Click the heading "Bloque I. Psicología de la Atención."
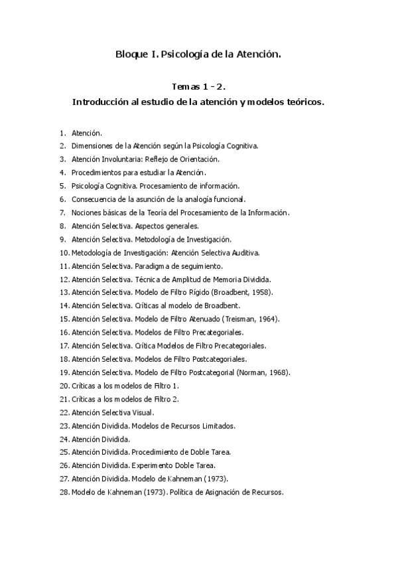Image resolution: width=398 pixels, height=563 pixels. point(198,55)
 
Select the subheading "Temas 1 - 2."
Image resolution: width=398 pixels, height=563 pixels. point(199,87)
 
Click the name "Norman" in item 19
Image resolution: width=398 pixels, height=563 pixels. point(268,372)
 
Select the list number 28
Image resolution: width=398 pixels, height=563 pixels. point(64,493)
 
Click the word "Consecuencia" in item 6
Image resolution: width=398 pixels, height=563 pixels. point(94,199)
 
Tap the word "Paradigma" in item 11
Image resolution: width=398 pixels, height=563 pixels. point(151,266)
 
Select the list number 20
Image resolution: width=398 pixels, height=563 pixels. point(64,386)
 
